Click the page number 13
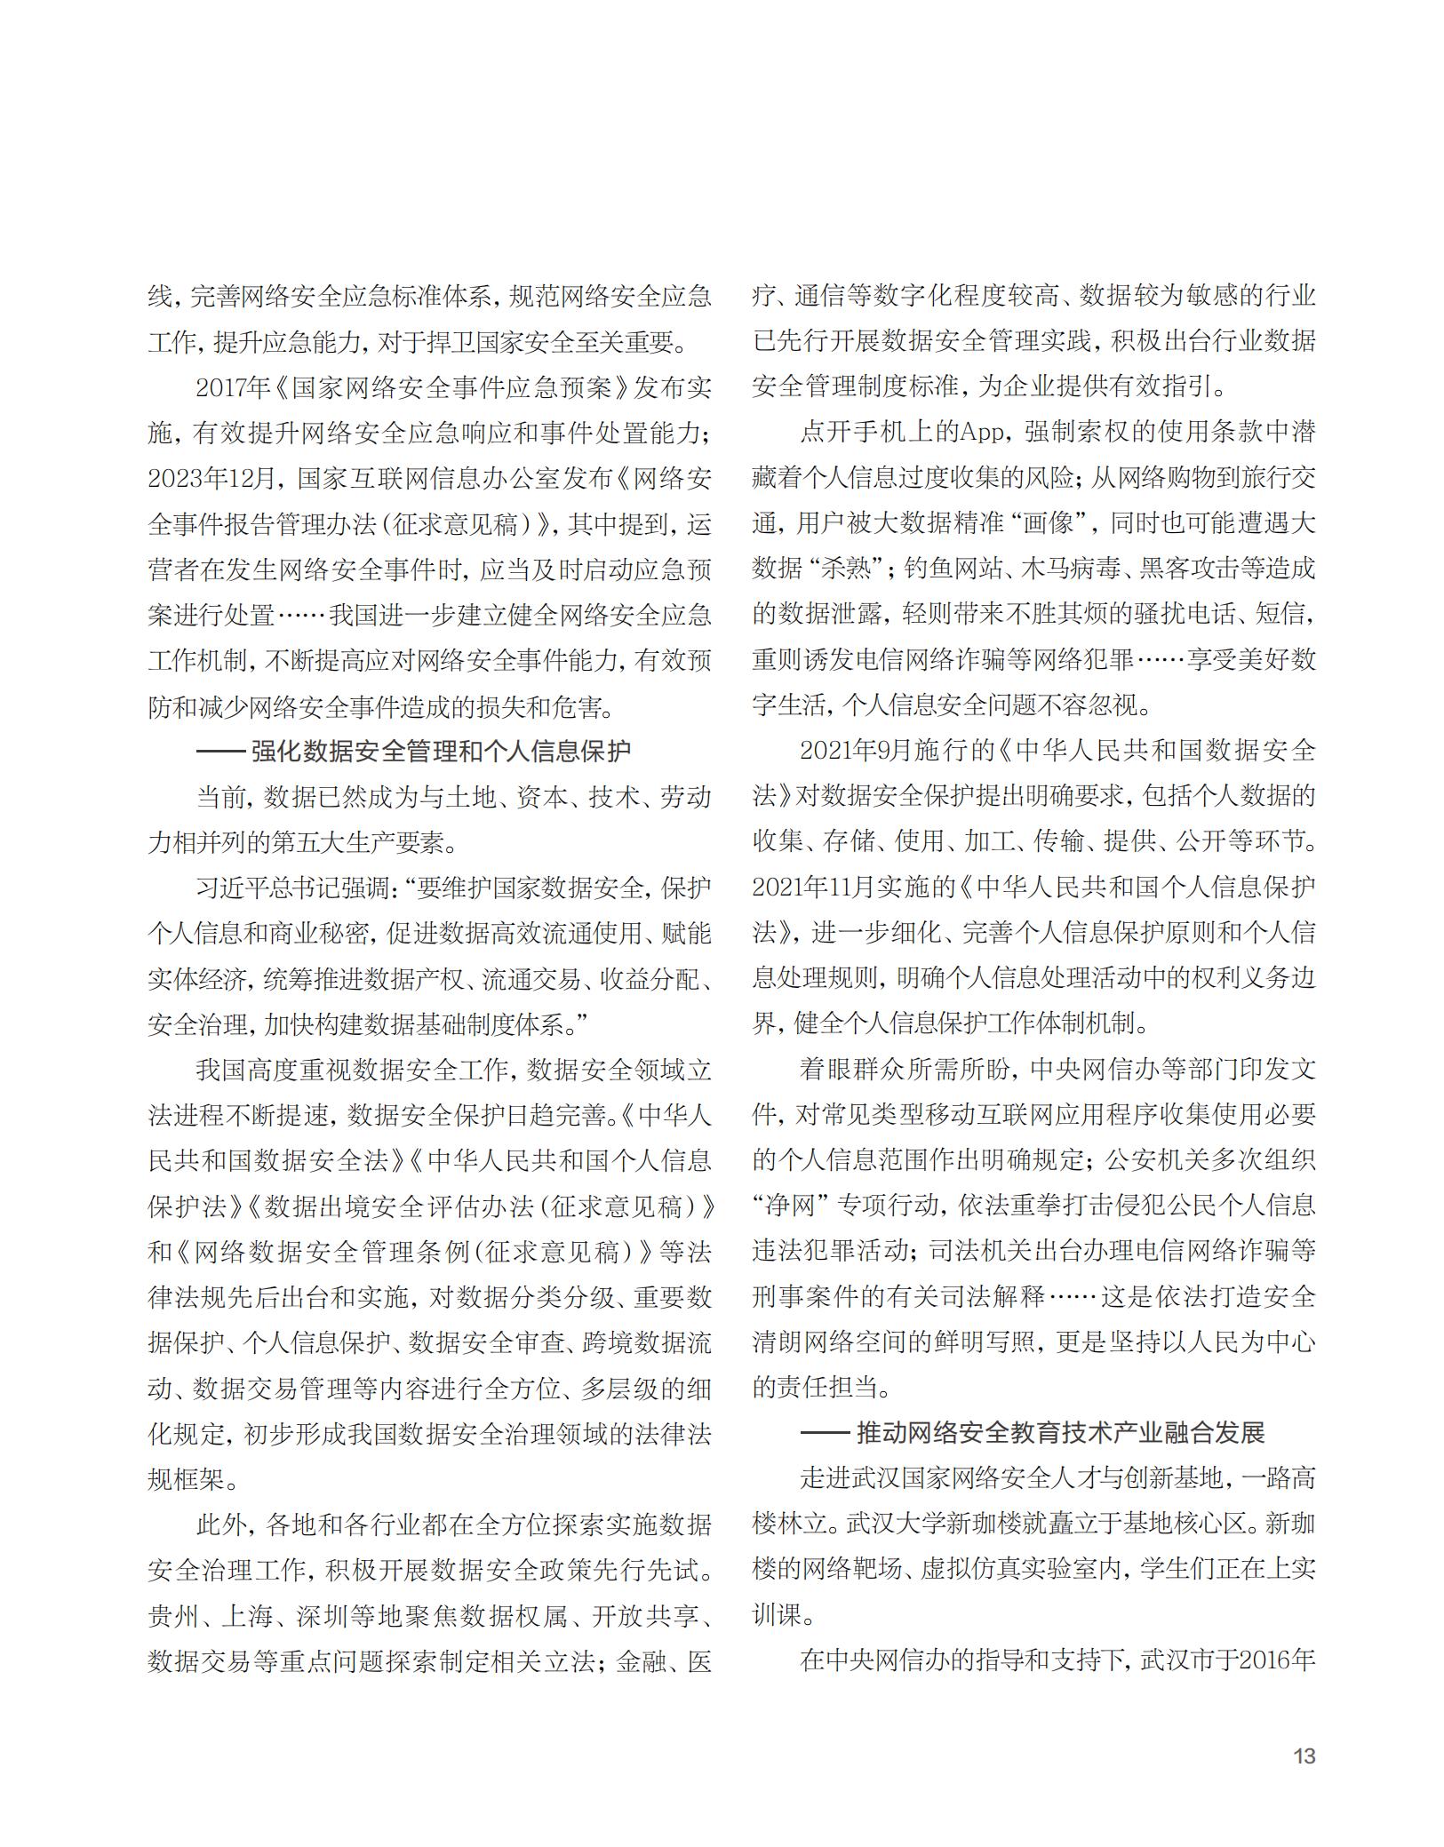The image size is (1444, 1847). (x=1304, y=1755)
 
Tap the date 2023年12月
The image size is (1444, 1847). (x=213, y=478)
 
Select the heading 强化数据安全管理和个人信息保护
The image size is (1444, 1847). (x=441, y=752)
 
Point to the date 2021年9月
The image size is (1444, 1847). (x=850, y=752)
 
